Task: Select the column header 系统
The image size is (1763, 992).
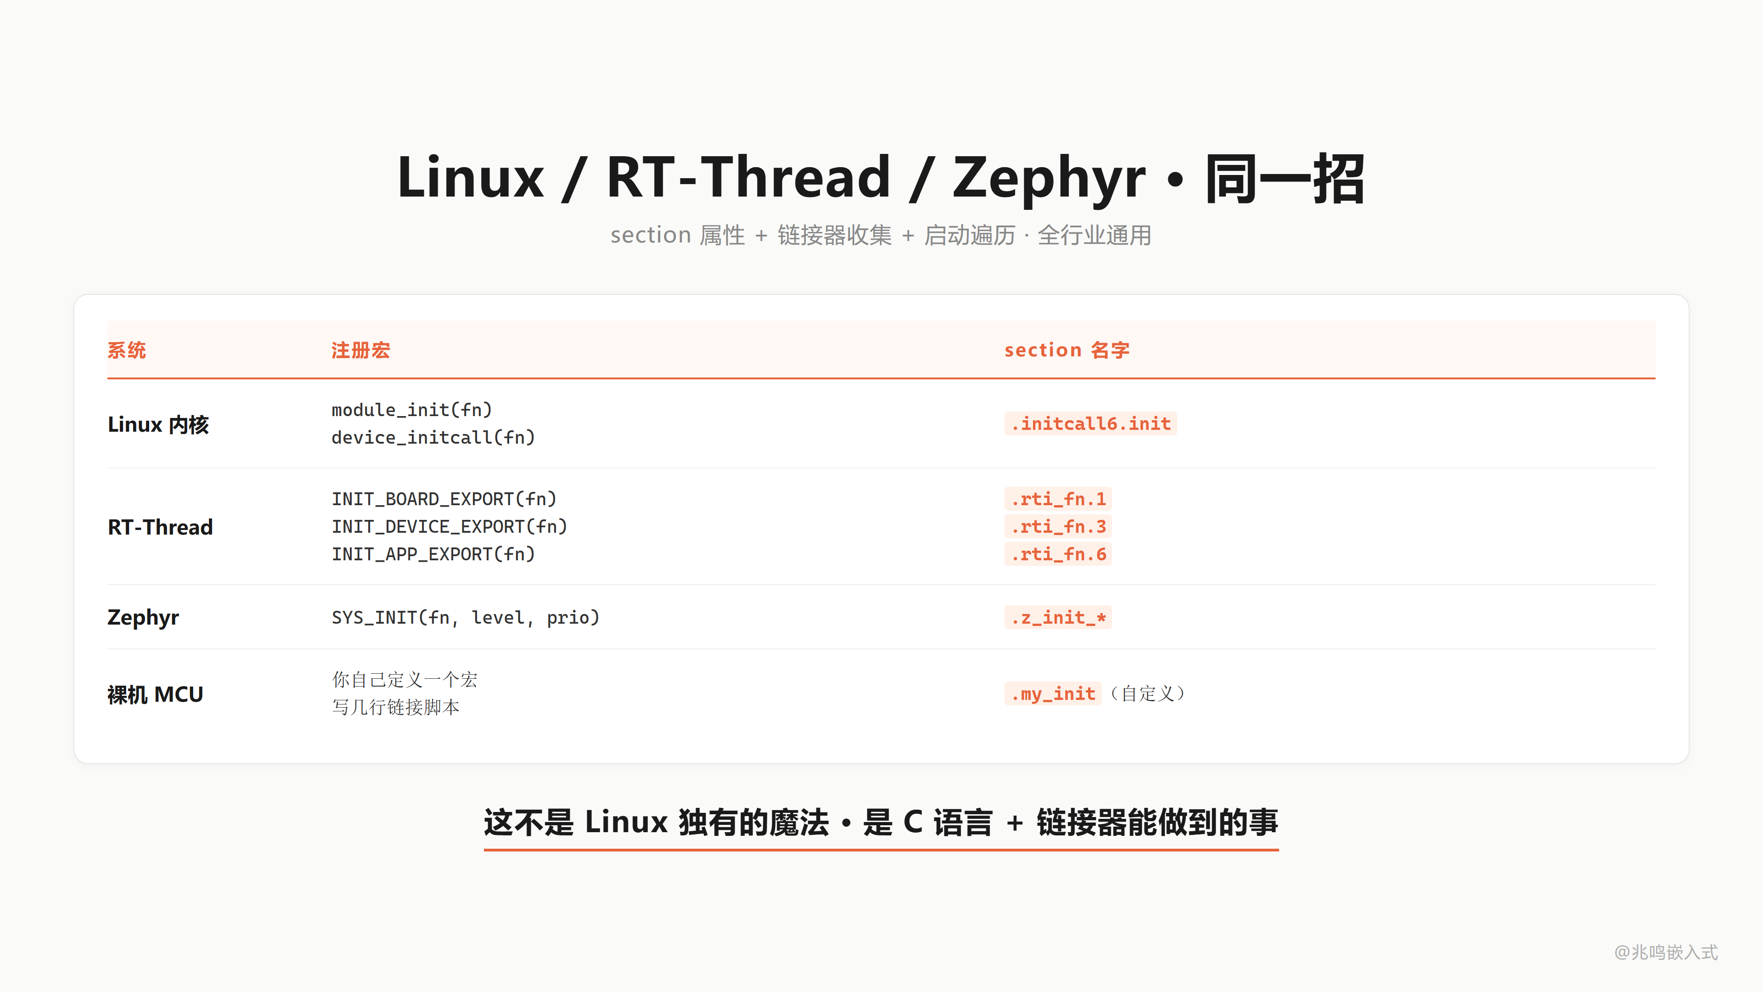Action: [127, 350]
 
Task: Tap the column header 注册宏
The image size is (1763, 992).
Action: [361, 350]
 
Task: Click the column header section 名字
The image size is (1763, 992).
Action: [1067, 350]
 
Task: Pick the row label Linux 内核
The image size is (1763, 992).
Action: [158, 424]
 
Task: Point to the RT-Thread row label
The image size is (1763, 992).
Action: [160, 527]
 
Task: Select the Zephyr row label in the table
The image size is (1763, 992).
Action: [143, 618]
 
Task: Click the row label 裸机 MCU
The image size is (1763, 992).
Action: [155, 694]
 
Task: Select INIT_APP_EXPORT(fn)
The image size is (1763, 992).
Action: [433, 554]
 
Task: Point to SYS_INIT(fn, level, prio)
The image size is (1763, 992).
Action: [466, 618]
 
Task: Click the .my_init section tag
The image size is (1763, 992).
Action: [1053, 693]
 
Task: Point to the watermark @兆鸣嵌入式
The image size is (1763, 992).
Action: [1666, 953]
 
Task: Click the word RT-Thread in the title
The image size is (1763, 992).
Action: [748, 178]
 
